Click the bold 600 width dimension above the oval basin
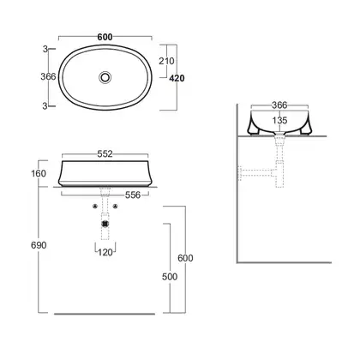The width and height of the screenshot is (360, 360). tap(105, 37)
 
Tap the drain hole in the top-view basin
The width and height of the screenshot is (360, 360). tap(105, 77)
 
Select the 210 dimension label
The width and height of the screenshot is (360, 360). tap(166, 61)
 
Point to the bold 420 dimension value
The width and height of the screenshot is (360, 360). tap(177, 78)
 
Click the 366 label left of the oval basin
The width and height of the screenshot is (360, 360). tap(48, 76)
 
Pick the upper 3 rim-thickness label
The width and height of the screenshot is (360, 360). tap(45, 49)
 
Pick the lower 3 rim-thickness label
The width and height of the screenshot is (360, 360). tap(45, 106)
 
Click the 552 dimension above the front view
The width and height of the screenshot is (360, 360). tap(105, 154)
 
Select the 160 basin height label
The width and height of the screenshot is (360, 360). tap(39, 173)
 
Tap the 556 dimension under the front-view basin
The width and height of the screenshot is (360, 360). tap(133, 195)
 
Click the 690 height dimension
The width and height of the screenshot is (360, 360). tap(39, 245)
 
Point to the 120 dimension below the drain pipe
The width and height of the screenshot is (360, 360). tap(105, 253)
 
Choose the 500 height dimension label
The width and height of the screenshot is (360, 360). tap(170, 277)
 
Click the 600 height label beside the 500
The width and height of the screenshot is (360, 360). tap(185, 258)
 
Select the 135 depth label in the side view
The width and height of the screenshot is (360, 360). tap(279, 120)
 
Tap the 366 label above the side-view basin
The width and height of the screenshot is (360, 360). tap(279, 105)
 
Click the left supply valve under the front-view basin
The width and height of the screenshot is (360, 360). tap(95, 207)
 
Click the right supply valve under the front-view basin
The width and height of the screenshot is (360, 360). tap(115, 207)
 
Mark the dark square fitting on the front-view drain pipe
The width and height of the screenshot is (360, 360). tap(105, 224)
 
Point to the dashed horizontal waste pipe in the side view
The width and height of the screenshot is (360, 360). tap(257, 173)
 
